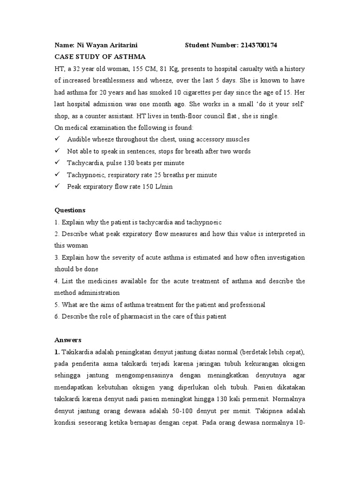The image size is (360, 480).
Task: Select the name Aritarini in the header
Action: (122, 45)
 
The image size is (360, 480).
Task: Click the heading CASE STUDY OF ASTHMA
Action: (93, 57)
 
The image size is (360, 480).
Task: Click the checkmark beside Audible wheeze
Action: (57, 139)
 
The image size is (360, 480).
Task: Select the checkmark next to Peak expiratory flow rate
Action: (57, 186)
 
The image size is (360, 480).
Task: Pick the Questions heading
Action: (70, 210)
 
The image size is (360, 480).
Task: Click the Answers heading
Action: (68, 340)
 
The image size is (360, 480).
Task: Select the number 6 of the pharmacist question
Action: (56, 316)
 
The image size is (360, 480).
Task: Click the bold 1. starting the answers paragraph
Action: (57, 352)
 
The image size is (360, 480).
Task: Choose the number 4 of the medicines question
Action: (56, 281)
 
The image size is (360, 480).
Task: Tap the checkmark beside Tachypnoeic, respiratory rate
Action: (57, 174)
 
